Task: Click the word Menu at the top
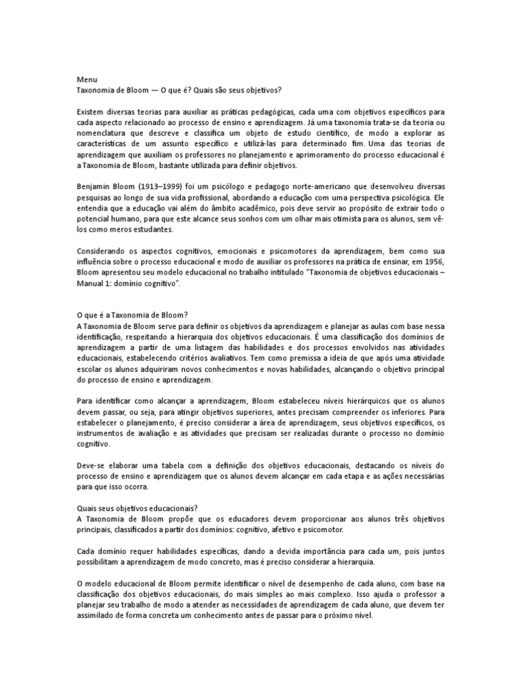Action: [x=86, y=79]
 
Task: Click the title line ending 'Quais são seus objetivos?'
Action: [x=179, y=90]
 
